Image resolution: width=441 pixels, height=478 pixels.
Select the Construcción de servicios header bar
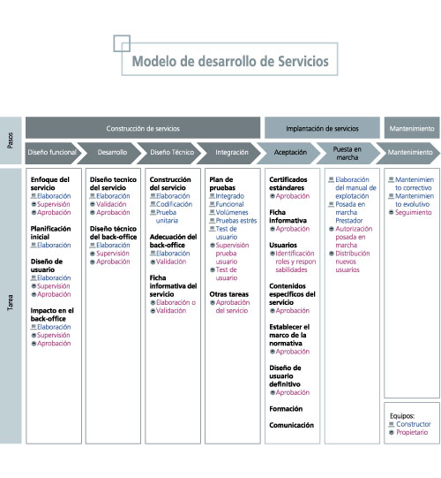[x=143, y=128]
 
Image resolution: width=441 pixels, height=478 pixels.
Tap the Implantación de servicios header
[x=322, y=128]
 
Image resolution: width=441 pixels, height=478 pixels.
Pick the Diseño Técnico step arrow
[x=172, y=152]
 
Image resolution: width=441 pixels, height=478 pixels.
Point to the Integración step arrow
[x=232, y=152]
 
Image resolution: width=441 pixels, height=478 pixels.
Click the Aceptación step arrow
[x=291, y=152]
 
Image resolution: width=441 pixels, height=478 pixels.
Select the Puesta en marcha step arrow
[x=350, y=151]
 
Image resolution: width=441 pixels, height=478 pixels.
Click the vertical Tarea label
[x=10, y=305]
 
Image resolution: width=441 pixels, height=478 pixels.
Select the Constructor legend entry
[x=411, y=424]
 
